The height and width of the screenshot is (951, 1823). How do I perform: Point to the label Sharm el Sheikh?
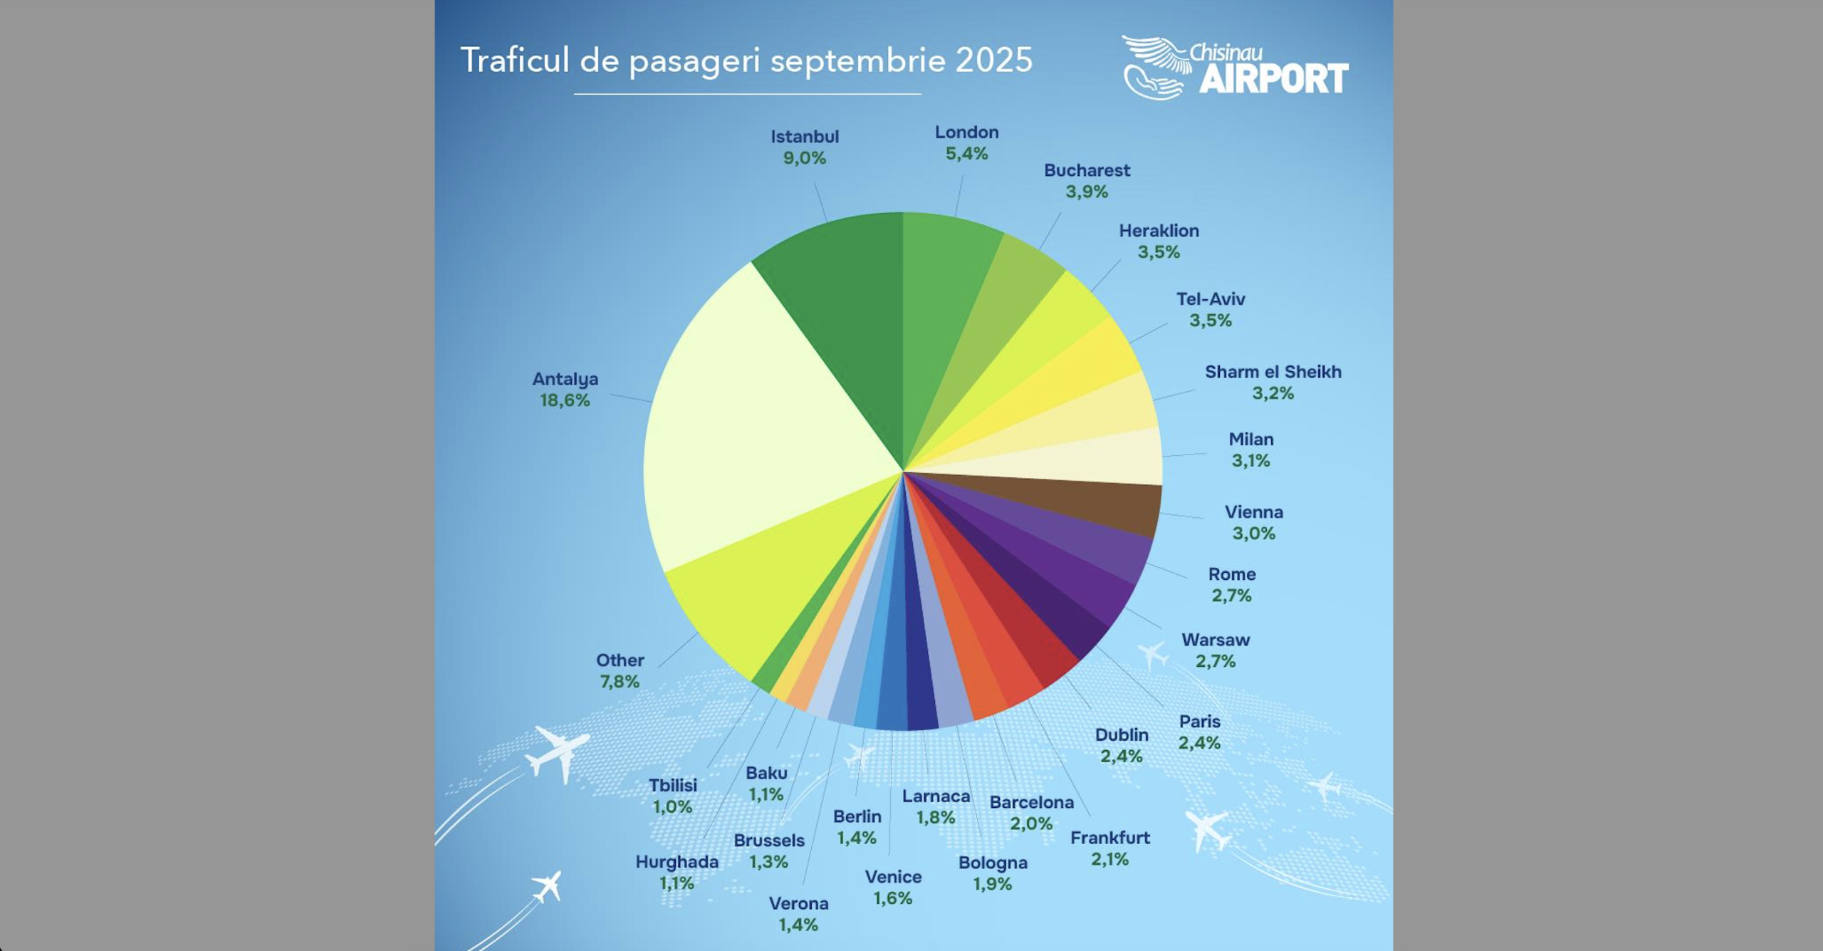[x=1273, y=372]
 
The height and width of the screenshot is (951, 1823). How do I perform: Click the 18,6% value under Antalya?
[x=565, y=400]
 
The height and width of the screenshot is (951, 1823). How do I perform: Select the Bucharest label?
[x=1087, y=170]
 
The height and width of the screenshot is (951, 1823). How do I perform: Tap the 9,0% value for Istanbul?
[x=805, y=158]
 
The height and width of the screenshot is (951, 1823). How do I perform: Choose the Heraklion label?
[x=1159, y=231]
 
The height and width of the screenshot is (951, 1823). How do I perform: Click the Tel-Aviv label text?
[x=1211, y=299]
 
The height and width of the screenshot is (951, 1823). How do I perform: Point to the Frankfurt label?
[x=1109, y=838]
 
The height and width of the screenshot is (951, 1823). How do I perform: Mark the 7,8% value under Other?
[x=620, y=682]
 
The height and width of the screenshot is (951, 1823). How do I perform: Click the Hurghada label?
[x=677, y=862]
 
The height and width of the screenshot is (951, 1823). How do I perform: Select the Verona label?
[x=798, y=903]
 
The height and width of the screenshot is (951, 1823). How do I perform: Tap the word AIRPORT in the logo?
[x=1273, y=78]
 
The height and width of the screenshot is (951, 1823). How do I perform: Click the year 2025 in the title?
[x=993, y=60]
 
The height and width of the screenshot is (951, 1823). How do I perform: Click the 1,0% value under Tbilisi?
[x=672, y=807]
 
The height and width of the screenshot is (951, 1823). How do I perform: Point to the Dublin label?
[x=1122, y=734]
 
